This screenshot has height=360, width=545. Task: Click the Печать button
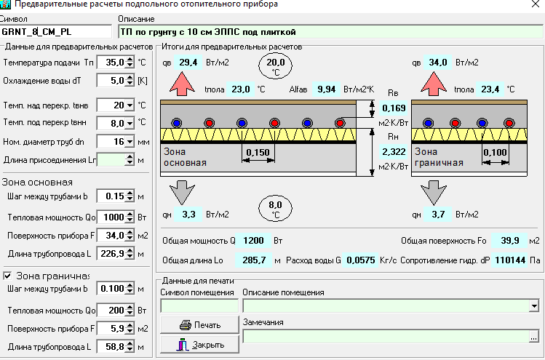pos(199,325)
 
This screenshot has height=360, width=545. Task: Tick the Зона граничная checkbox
pos(7,276)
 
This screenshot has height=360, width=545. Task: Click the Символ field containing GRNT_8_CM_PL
pos(56,31)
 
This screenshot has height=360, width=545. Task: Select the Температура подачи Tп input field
pos(111,63)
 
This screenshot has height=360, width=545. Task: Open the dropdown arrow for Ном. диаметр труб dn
pos(130,142)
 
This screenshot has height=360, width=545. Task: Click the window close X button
pos(536,4)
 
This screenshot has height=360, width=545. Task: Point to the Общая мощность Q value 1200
pos(253,241)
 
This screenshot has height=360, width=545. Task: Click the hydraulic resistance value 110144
pos(510,260)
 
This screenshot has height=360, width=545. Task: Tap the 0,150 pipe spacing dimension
pos(258,153)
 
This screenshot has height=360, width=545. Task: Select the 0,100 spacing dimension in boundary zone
pos(495,152)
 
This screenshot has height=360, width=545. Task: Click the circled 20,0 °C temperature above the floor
pos(275,65)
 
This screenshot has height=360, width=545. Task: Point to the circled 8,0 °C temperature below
pos(275,209)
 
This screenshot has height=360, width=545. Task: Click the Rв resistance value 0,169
pos(394,108)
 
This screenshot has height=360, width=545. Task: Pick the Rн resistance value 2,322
pos(394,152)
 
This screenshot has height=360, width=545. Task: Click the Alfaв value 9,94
pos(327,89)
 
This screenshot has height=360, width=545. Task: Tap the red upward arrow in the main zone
pos(182,84)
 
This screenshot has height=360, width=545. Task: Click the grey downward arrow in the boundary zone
pos(434,193)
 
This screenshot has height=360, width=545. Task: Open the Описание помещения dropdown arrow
pos(534,305)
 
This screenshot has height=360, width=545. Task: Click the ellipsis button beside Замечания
pos(534,337)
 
